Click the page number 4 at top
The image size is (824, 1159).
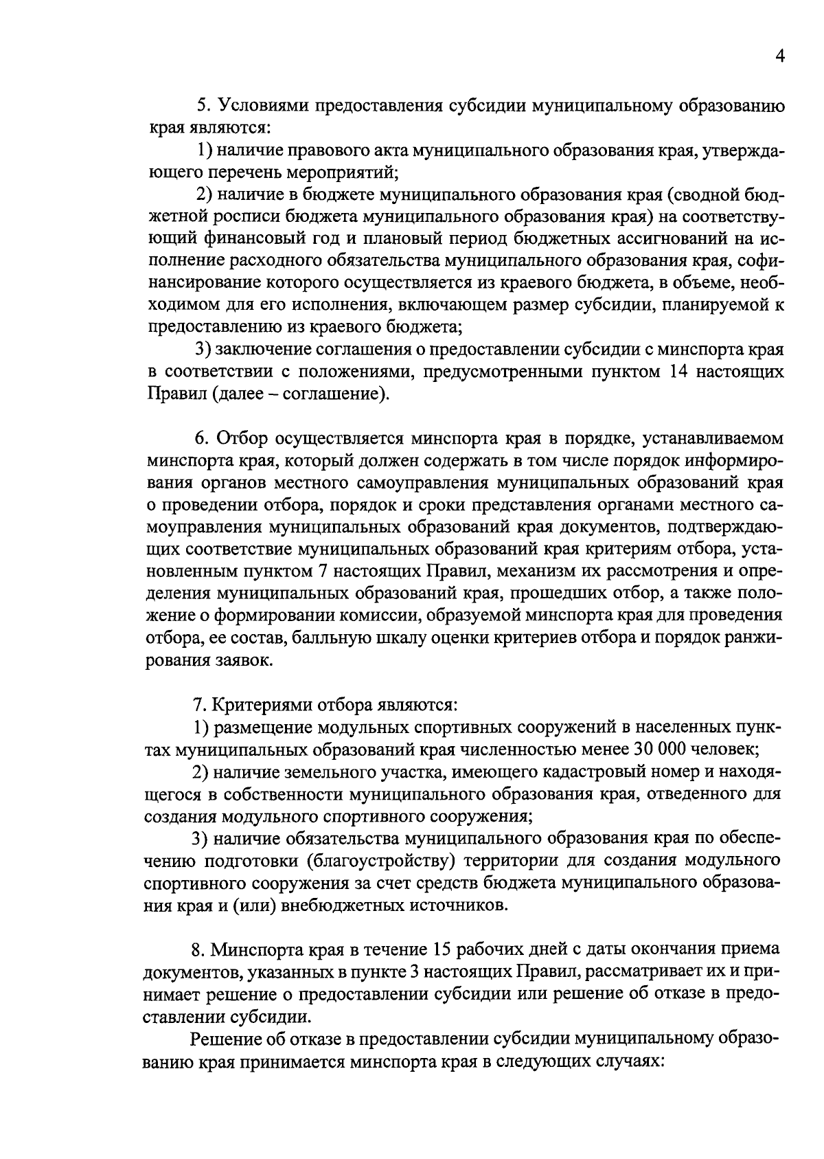pos(779,57)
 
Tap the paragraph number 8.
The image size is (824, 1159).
pos(198,950)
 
